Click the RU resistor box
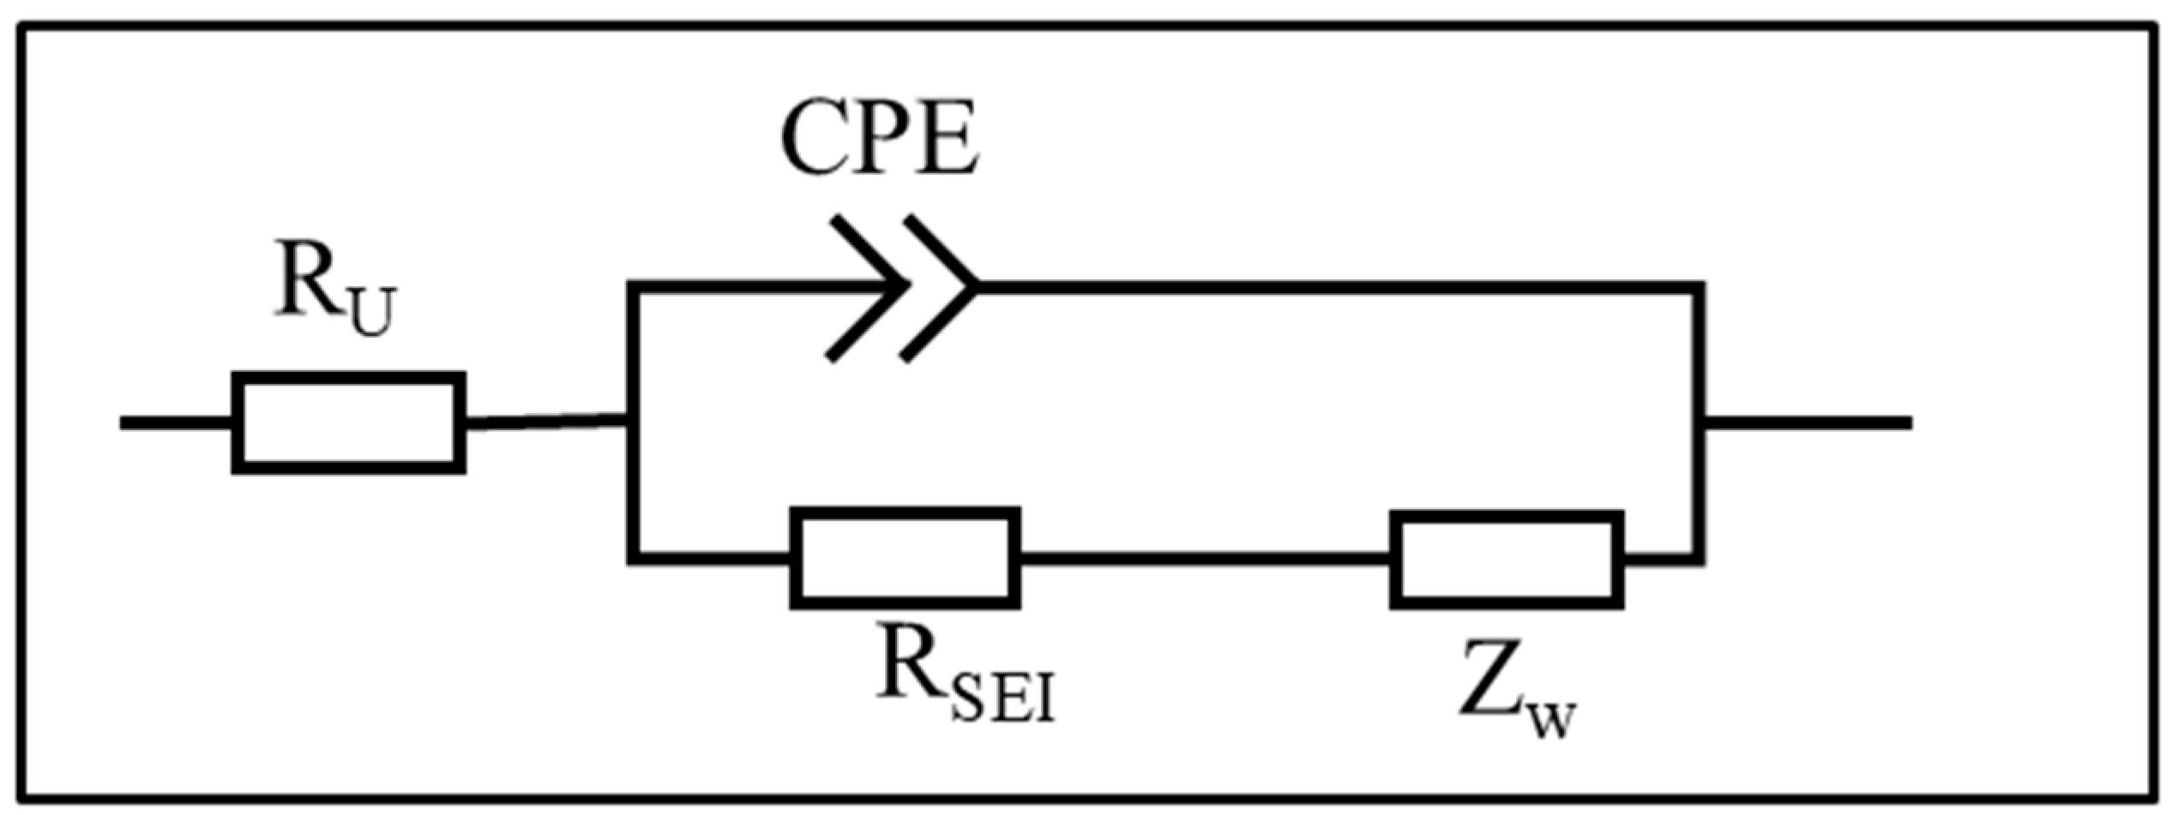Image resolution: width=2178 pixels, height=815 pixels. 349,422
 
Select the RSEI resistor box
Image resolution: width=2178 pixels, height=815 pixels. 905,558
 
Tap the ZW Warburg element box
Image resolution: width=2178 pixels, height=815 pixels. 1507,560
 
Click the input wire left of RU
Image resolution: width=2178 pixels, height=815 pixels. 176,422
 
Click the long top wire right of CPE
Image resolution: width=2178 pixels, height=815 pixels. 1338,288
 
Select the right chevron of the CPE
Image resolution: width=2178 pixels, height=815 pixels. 941,288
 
